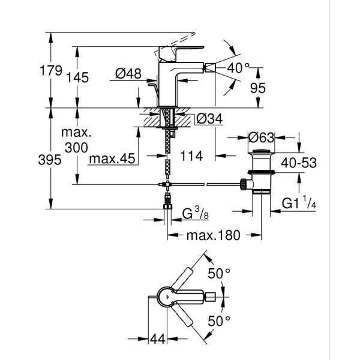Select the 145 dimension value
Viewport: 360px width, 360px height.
(x=78, y=77)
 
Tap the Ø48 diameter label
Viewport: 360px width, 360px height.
(x=127, y=74)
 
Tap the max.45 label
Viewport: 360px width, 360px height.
(x=112, y=160)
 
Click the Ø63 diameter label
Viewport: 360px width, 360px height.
(x=262, y=137)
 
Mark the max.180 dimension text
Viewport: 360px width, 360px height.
(x=212, y=235)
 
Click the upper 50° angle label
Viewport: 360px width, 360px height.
(x=220, y=274)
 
